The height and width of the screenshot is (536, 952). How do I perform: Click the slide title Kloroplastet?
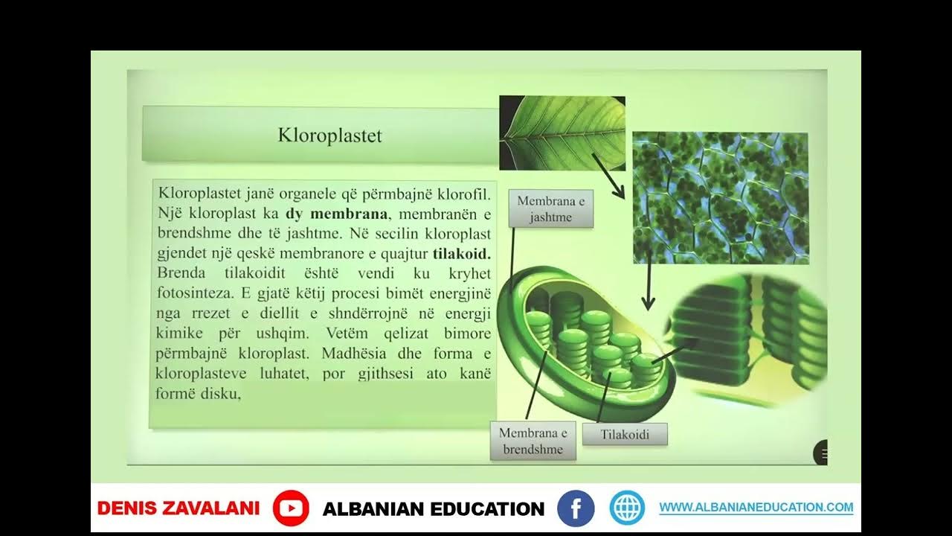point(329,135)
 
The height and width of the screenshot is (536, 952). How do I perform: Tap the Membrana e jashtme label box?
point(551,209)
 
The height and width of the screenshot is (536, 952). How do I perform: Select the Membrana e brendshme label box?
point(533,441)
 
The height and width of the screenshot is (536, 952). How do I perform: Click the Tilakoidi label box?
point(624,435)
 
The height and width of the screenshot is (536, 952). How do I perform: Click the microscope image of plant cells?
point(720,198)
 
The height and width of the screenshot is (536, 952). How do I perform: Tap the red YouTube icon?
point(290,508)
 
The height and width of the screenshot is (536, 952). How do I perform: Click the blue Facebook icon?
point(576,508)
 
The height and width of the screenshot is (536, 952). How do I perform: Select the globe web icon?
point(627,508)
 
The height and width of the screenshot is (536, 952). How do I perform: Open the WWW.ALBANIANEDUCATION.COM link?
point(756,508)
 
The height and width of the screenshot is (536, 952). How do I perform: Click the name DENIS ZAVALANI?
point(178,508)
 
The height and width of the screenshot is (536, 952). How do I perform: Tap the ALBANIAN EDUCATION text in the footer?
point(433,509)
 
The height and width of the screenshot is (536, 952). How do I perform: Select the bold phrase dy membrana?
point(336,214)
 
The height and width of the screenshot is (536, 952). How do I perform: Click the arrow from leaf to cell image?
point(608,176)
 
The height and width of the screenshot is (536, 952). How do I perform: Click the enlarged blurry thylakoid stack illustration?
point(751,339)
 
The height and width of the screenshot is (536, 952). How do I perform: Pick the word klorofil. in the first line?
point(465,194)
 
